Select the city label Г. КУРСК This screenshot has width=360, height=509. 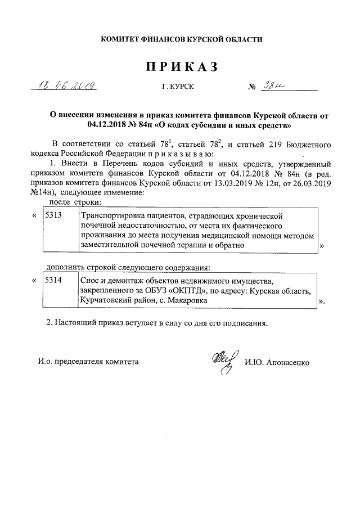point(180,88)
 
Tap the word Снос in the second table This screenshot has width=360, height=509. point(91,280)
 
